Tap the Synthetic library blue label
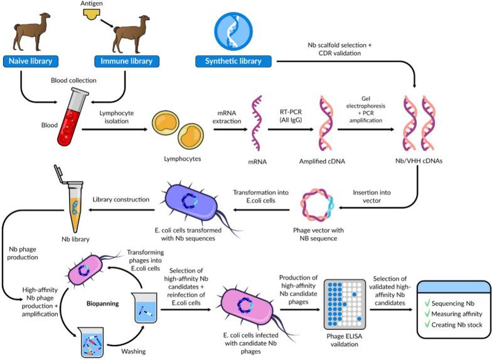[x=233, y=61]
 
